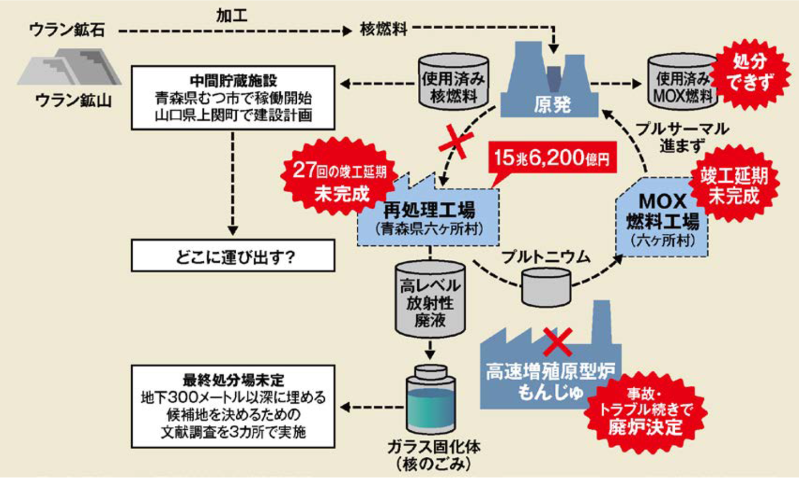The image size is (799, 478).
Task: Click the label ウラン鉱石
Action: (67, 30)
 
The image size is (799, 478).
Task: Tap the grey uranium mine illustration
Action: (69, 67)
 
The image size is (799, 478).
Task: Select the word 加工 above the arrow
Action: (232, 16)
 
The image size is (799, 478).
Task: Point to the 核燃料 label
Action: (383, 29)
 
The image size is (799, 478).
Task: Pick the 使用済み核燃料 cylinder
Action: (453, 82)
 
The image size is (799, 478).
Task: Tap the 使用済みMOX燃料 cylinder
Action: (681, 82)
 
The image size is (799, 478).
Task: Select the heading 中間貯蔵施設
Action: (233, 81)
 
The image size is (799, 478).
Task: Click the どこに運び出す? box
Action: (233, 256)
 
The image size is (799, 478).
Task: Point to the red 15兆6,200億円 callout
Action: (553, 158)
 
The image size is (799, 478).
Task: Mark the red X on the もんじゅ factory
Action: (558, 343)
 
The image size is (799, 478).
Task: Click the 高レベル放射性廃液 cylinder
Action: (430, 299)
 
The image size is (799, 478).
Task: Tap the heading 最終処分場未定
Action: (233, 380)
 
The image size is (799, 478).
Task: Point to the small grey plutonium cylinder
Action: (546, 287)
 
